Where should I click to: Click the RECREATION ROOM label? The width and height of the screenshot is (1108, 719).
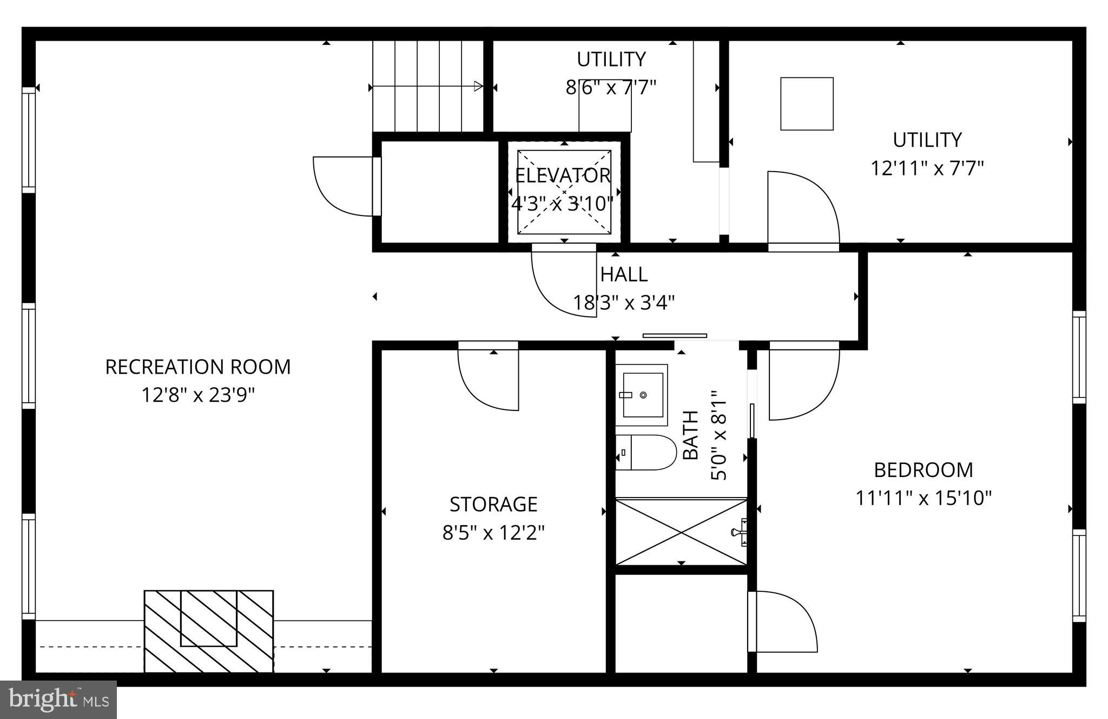point(197,367)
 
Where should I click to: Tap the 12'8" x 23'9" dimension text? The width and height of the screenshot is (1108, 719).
point(197,395)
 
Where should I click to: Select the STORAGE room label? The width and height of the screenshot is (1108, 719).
point(493,505)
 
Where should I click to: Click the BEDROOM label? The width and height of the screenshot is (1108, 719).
point(923,470)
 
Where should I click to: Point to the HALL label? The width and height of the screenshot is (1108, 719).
point(623,274)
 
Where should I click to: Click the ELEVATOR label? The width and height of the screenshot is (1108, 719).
point(563,176)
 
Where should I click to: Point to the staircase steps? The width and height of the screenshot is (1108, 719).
point(427,87)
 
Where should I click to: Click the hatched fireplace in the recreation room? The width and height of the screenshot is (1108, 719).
point(208,631)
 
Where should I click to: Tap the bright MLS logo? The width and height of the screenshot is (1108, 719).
point(58,700)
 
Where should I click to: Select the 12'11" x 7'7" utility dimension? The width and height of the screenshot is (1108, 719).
point(926,168)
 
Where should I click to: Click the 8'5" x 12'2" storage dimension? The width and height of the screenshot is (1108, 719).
point(493,533)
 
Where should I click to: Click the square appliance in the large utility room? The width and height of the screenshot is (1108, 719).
point(806,103)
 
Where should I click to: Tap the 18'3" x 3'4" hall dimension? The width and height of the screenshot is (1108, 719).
point(623,302)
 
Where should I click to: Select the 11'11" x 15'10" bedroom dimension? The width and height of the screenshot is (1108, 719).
point(923,498)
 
